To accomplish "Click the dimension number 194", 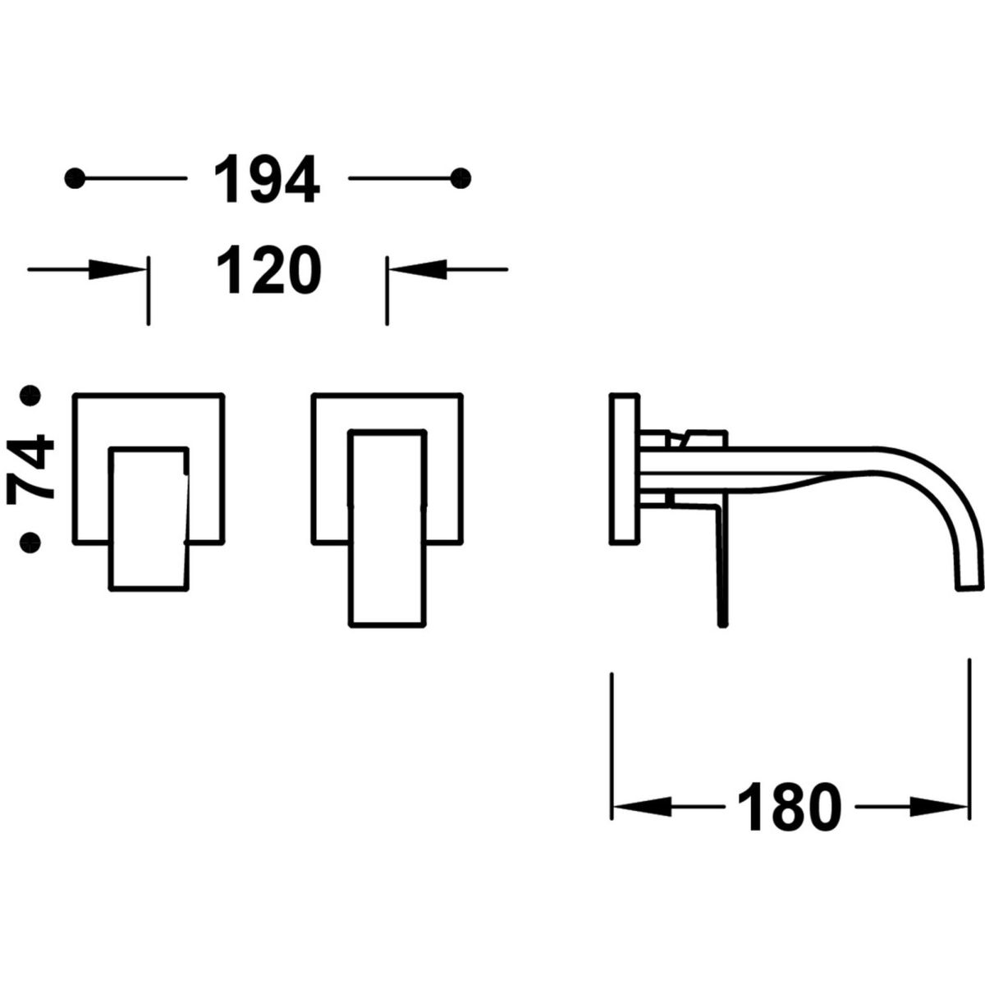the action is [x=267, y=178].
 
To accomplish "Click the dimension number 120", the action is [x=269, y=269].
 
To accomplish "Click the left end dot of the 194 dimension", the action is [x=76, y=178].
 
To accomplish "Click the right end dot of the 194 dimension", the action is [x=461, y=178].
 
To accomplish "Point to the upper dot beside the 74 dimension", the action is [x=30, y=396].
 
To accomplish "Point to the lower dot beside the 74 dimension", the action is [x=30, y=543].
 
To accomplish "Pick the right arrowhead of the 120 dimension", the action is [x=418, y=269].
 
